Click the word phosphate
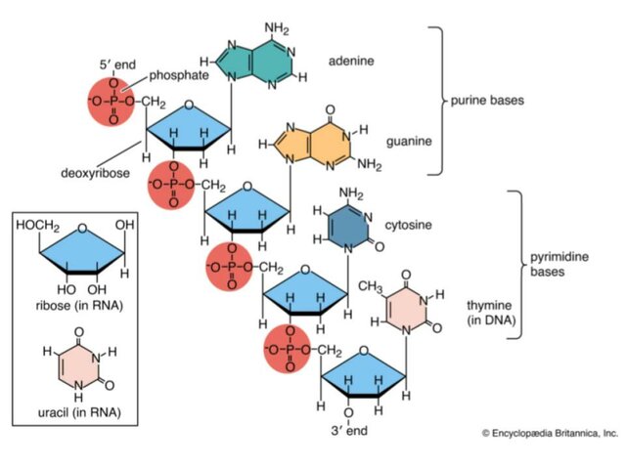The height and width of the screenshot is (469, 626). pos(176,75)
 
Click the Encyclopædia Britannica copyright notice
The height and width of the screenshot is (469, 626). pos(549,432)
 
